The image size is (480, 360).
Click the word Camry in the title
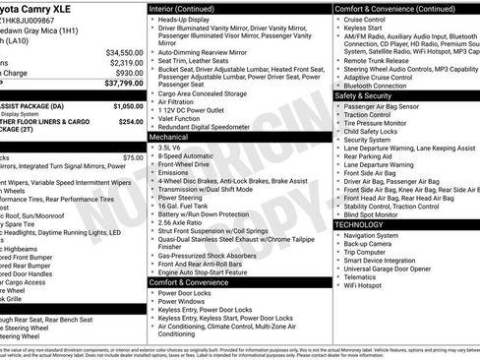[x=37, y=7]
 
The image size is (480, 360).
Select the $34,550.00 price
[x=124, y=52]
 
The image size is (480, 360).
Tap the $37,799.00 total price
[x=124, y=85]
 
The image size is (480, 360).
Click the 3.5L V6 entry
[x=170, y=148]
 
